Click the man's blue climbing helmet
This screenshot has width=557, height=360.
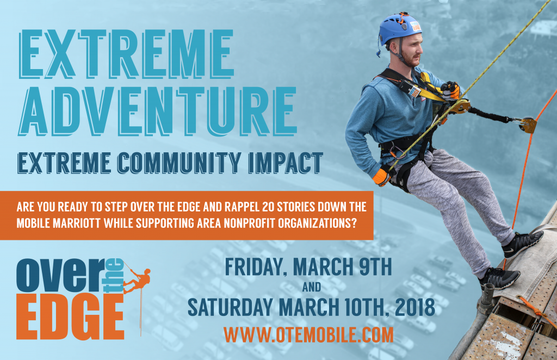399,28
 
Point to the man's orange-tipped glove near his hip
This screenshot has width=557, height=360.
381,177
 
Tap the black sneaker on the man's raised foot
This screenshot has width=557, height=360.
522,244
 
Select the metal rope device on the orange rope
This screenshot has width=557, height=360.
527,125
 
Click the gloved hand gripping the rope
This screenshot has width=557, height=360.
450,90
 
